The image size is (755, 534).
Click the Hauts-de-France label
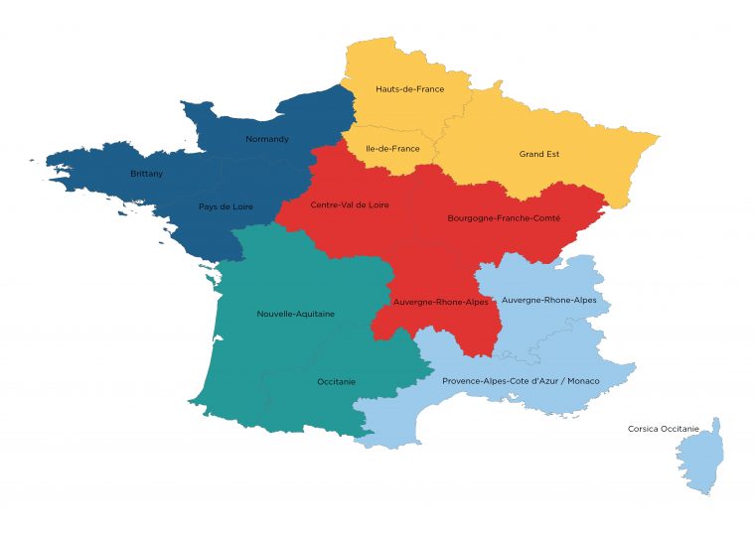(x=409, y=89)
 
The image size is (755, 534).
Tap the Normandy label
(x=267, y=139)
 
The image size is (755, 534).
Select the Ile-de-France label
(x=392, y=149)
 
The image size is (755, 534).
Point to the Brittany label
(x=146, y=174)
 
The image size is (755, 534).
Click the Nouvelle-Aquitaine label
(x=295, y=314)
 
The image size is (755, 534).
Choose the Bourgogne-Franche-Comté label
(x=504, y=217)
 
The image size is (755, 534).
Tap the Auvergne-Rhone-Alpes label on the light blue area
(x=548, y=300)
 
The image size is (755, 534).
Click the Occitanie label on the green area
(x=338, y=381)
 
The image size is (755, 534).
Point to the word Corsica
(x=643, y=429)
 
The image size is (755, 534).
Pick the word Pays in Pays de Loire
(x=207, y=206)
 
